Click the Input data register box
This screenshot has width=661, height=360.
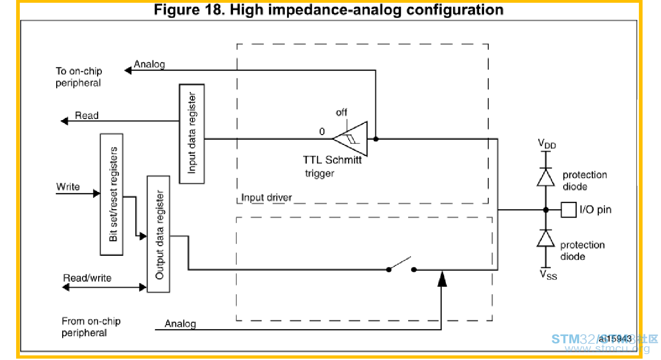point(192,134)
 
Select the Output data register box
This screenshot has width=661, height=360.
point(158,234)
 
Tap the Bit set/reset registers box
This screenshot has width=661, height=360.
point(111,195)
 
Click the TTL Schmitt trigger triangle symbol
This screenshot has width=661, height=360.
point(350,138)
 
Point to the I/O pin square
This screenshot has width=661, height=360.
point(568,210)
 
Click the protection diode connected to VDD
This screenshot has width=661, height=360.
point(546,177)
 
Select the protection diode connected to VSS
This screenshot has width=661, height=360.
point(546,238)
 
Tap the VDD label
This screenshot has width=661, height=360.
point(547,144)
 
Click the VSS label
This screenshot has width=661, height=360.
point(548,275)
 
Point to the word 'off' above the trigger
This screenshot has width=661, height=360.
point(341,112)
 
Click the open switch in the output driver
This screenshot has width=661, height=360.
point(401,265)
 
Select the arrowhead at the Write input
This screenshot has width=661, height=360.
point(96,194)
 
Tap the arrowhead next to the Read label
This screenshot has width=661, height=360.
point(64,121)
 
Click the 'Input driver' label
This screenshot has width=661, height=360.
point(266,197)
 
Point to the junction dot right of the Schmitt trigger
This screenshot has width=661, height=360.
point(376,139)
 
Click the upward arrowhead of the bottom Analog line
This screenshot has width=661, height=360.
point(442,279)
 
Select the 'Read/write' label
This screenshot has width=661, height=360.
point(87,278)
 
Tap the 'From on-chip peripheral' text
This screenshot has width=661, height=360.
point(91,327)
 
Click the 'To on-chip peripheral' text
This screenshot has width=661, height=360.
point(79,77)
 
